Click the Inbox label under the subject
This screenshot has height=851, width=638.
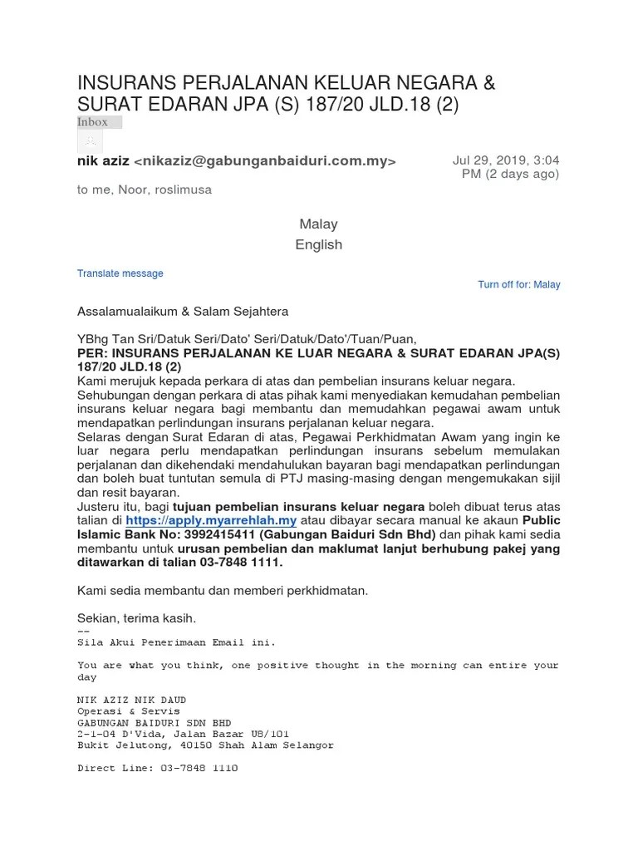tap(93, 122)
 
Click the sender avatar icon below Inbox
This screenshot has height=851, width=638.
tap(90, 141)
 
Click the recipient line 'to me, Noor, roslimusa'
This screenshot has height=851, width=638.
tap(145, 189)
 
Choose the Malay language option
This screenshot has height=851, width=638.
tap(318, 224)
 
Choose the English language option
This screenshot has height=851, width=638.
tap(318, 244)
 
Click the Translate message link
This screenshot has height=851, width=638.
tap(120, 273)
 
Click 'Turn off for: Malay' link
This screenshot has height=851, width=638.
tap(518, 284)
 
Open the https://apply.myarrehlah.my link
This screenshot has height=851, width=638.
tap(211, 520)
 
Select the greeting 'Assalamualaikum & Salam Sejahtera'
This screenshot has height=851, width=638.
tap(183, 311)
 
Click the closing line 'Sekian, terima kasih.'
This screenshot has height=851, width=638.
tap(136, 618)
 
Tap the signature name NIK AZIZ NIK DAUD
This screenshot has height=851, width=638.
tap(131, 700)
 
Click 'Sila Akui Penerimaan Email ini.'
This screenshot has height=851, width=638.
tap(175, 642)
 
